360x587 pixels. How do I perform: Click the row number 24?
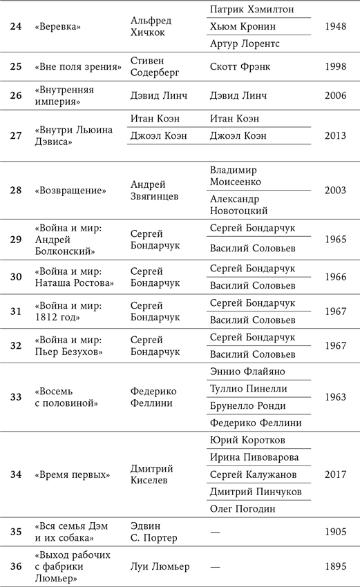16,27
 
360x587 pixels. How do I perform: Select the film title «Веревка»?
58,27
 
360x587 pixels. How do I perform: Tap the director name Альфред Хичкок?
151,27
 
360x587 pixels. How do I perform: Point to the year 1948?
335,27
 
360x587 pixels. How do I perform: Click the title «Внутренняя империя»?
64,95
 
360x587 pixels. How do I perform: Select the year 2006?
335,95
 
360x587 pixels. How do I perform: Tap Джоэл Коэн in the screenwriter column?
238,135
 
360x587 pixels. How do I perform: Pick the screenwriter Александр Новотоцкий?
238,204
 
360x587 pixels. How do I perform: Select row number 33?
16,397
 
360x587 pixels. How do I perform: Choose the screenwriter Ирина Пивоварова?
253,458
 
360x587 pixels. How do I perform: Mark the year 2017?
335,474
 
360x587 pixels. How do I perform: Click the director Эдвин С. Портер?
153,532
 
